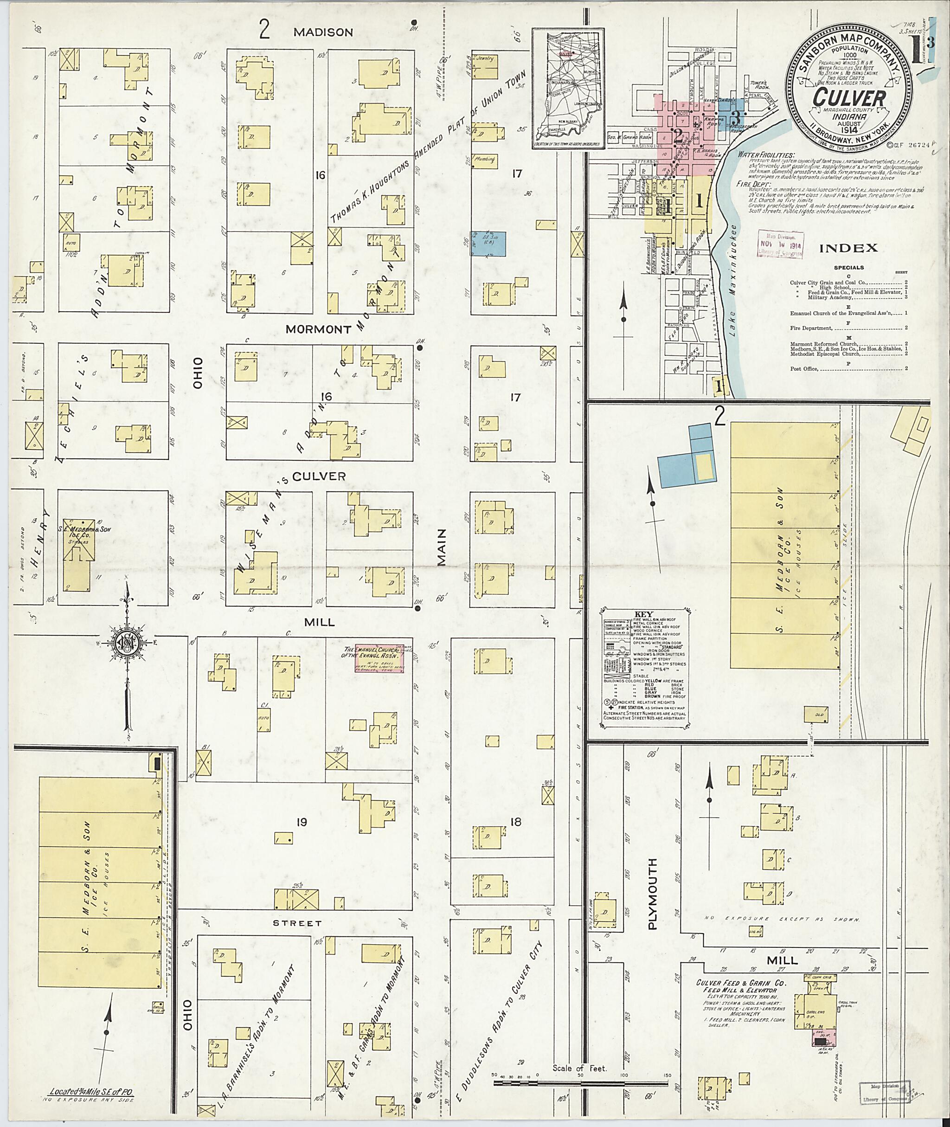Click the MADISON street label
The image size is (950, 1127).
click(x=323, y=32)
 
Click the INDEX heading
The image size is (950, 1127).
click(x=849, y=248)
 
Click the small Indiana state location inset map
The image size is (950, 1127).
click(x=568, y=90)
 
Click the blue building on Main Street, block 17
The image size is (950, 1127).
click(x=488, y=244)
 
